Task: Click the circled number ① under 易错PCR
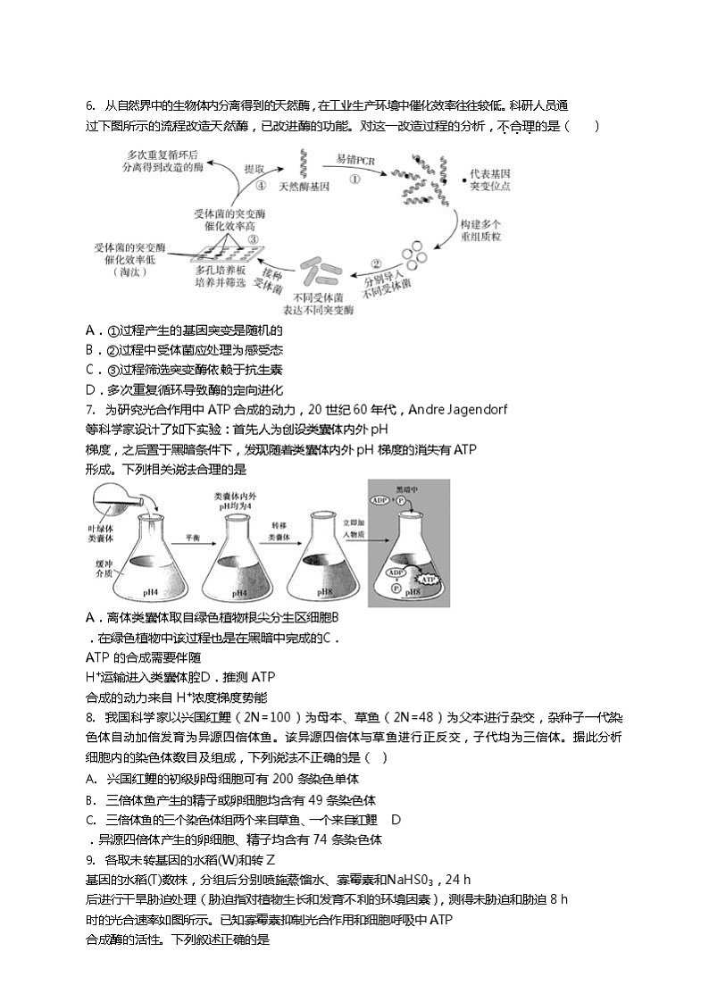354,178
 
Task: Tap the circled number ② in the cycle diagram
376,263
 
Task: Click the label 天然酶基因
304,187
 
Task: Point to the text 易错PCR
355,159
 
